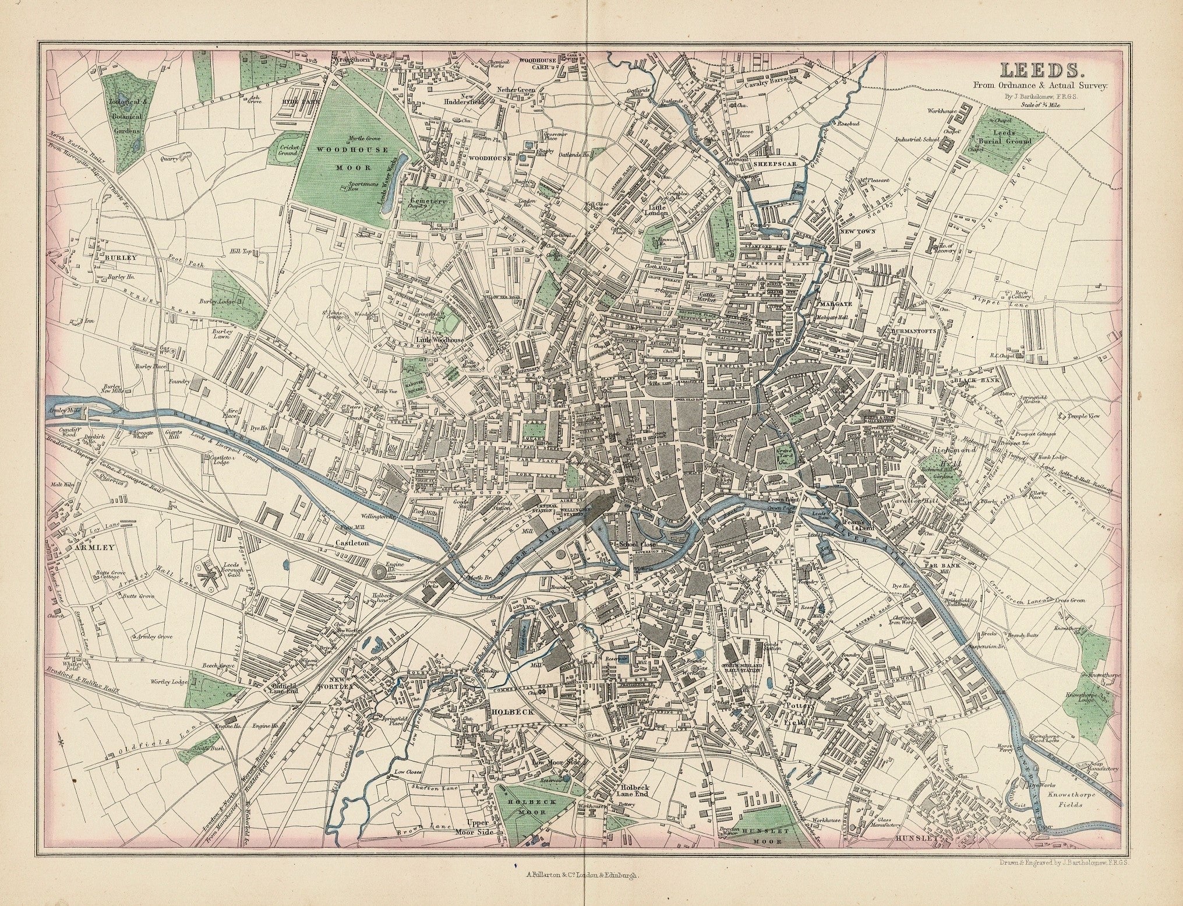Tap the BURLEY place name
pyautogui.click(x=121, y=256)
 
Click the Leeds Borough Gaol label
pyautogui.click(x=236, y=572)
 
